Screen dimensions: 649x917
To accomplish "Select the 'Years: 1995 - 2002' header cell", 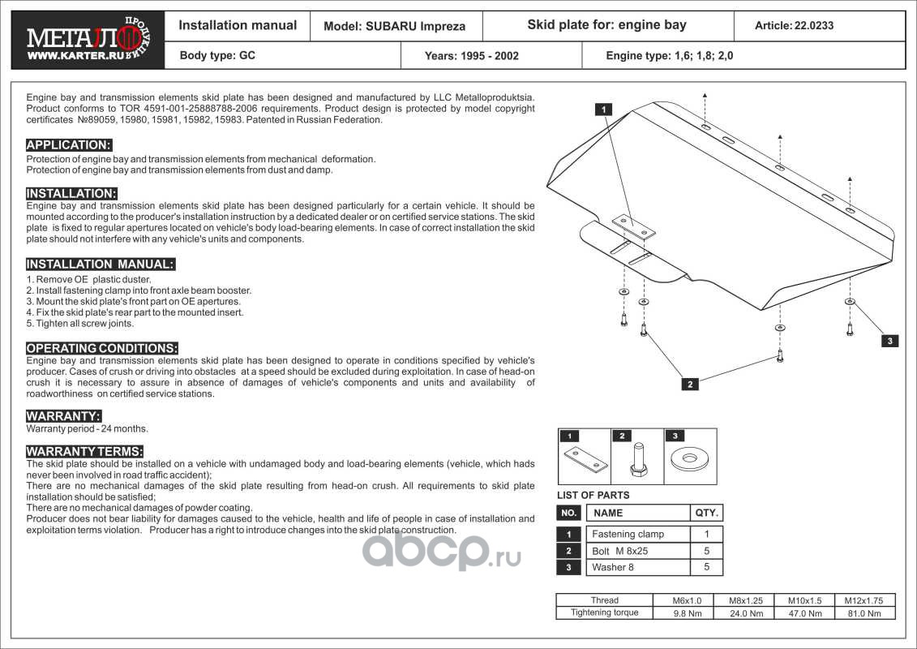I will point(471,56).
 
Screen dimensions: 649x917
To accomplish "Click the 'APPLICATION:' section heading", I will point(69,145).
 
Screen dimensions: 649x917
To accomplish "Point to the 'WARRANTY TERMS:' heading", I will point(85,451).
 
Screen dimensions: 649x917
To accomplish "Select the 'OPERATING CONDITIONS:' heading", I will point(102,348).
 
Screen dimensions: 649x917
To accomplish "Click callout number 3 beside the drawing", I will point(889,342).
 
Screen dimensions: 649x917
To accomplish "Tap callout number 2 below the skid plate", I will point(689,385).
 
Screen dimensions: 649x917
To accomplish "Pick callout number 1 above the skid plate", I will point(604,109).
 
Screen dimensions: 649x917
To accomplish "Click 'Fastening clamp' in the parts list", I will point(628,534).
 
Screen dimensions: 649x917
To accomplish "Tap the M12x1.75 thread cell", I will point(863,600).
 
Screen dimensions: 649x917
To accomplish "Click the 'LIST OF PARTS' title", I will point(593,495).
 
